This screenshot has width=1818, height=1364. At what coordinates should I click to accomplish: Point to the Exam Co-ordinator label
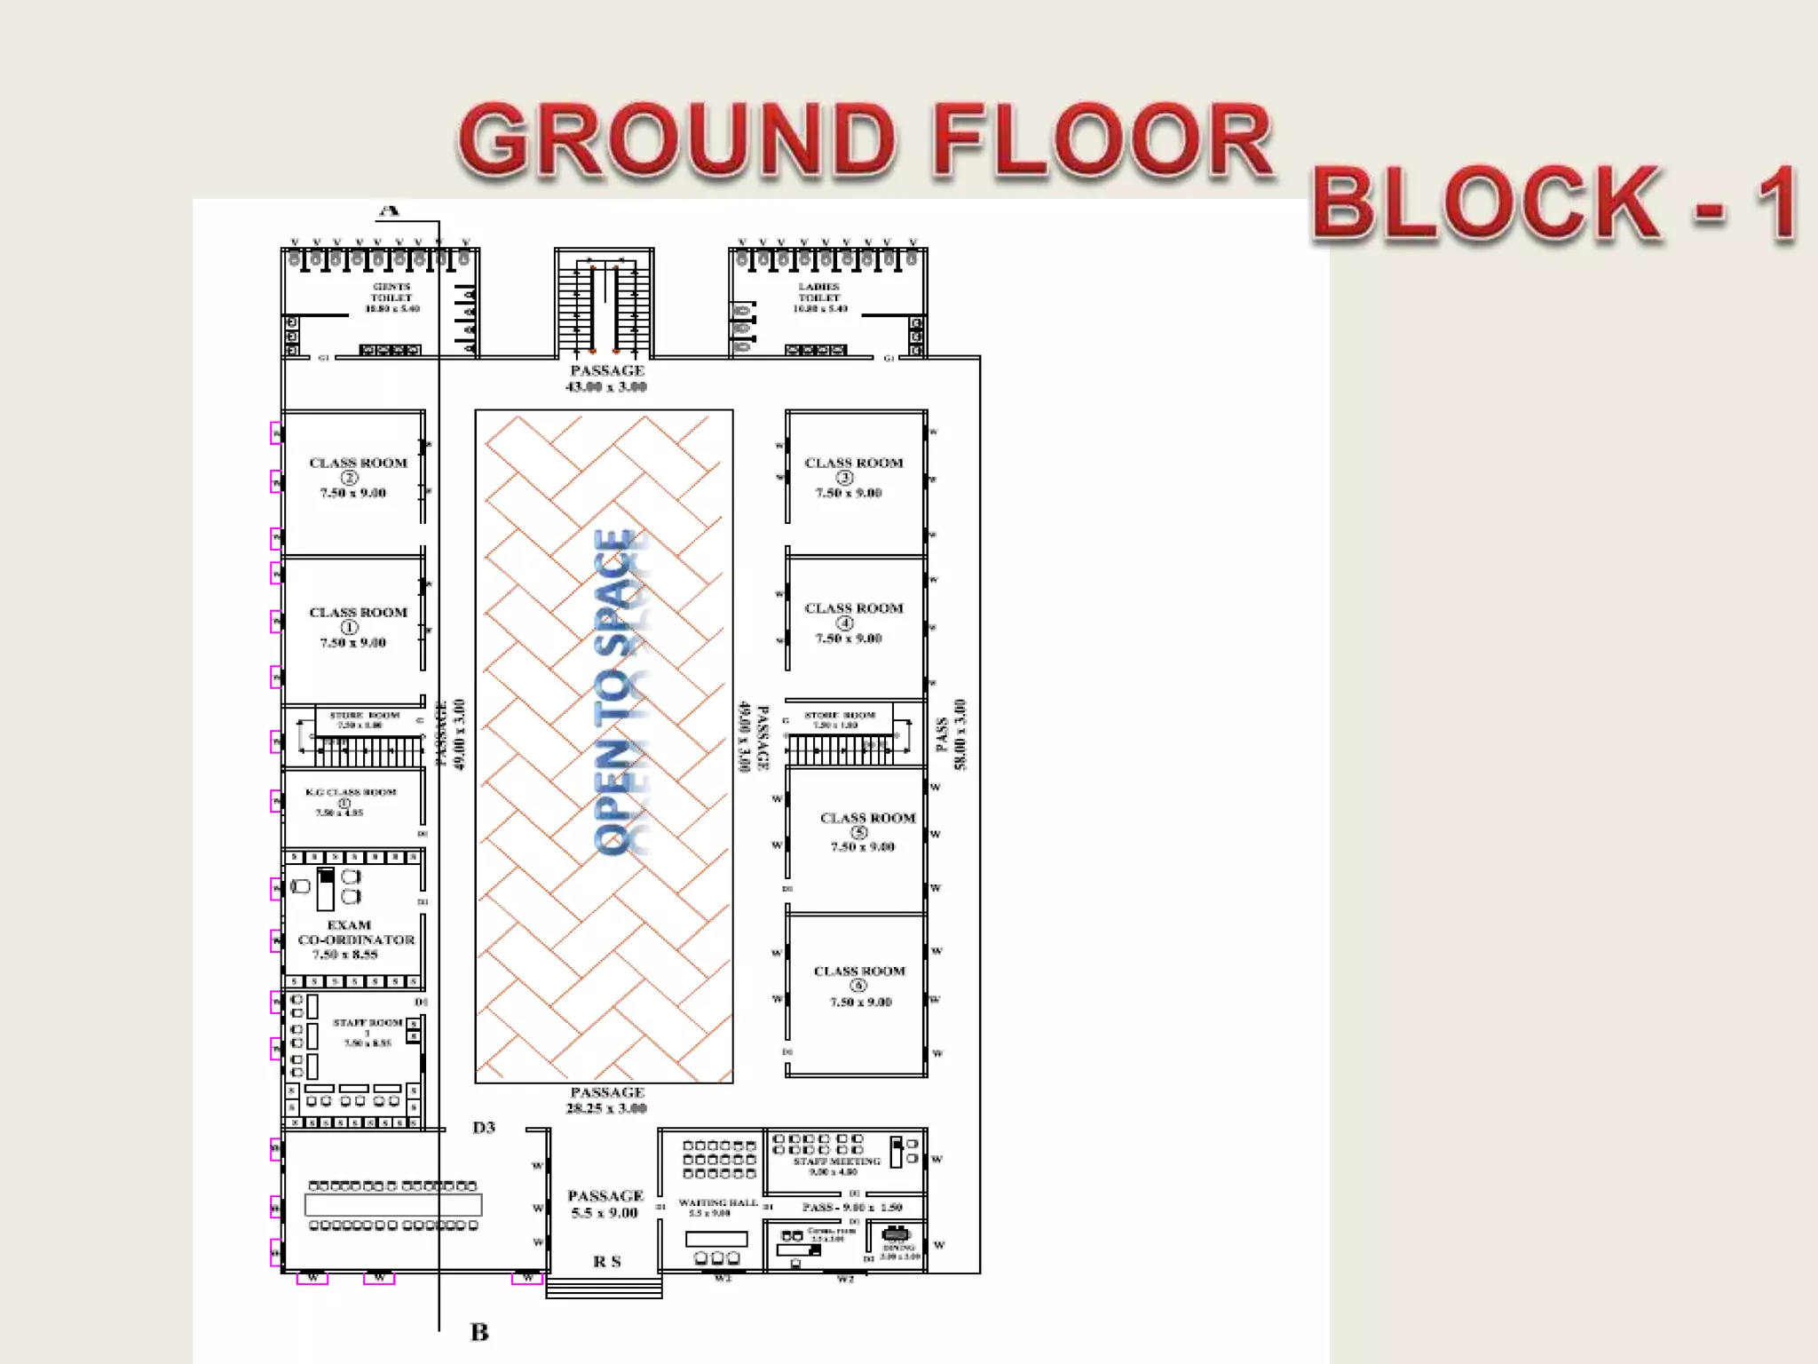tap(354, 939)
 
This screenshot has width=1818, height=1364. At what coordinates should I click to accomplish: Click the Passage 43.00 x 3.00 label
tap(607, 378)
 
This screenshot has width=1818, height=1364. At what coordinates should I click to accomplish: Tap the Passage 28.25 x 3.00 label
tap(607, 1099)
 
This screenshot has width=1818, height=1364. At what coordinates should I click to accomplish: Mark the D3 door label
tap(484, 1128)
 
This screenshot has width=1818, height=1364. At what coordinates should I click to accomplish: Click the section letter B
tap(479, 1332)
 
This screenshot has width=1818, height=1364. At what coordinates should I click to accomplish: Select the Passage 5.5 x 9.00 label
tap(605, 1204)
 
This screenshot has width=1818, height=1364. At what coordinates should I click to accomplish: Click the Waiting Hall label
tap(717, 1204)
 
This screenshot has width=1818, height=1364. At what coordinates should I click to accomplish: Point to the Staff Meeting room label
tap(836, 1162)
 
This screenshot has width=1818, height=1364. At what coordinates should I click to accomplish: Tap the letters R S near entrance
tap(606, 1262)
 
